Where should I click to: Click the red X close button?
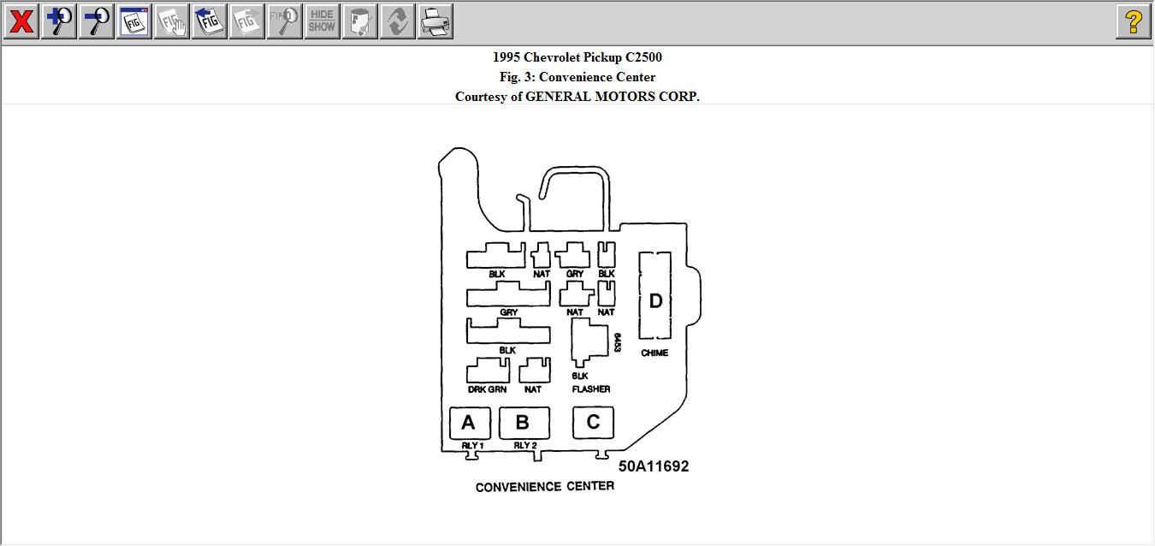click(x=21, y=21)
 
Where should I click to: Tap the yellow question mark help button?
click(x=1133, y=21)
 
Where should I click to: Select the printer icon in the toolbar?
click(x=435, y=21)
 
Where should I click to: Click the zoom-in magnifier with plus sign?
click(x=59, y=21)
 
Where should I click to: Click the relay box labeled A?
click(x=469, y=423)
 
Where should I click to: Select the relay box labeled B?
click(x=523, y=423)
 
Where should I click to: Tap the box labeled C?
click(x=593, y=421)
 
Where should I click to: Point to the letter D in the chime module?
click(x=655, y=301)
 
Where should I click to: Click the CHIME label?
click(x=654, y=353)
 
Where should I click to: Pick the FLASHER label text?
click(x=591, y=389)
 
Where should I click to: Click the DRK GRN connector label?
click(x=487, y=389)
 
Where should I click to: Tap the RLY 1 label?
click(x=472, y=446)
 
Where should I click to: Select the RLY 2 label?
click(x=525, y=446)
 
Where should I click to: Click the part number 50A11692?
click(x=654, y=466)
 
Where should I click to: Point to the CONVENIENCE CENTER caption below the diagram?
click(x=544, y=487)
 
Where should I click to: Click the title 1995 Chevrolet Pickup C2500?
click(x=577, y=57)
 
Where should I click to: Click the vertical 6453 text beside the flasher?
click(x=617, y=344)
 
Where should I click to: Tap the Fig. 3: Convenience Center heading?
click(x=577, y=77)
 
